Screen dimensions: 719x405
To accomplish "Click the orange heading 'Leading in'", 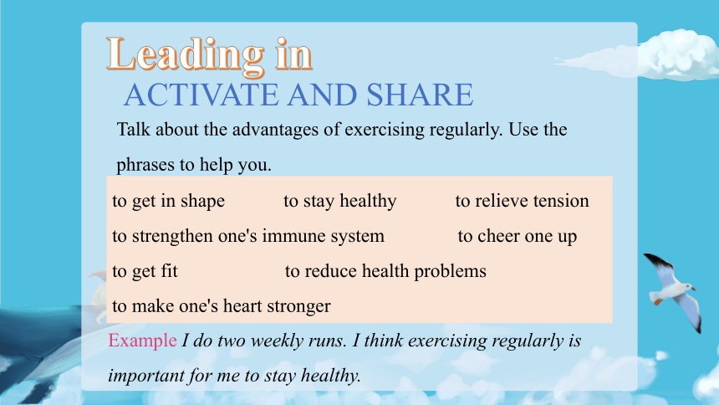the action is pyautogui.click(x=209, y=55).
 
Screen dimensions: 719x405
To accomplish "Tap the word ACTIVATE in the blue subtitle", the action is pyautogui.click(x=201, y=95).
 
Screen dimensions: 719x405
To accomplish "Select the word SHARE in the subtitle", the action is pyautogui.click(x=420, y=95).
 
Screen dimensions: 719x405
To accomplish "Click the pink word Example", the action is pyautogui.click(x=142, y=341).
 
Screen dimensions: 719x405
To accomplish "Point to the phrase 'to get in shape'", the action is pyautogui.click(x=168, y=201).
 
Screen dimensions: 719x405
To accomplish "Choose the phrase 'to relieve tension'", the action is pyautogui.click(x=522, y=201).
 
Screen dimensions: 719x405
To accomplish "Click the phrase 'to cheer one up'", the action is pyautogui.click(x=518, y=237).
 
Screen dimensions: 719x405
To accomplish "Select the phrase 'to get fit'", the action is pyautogui.click(x=145, y=271).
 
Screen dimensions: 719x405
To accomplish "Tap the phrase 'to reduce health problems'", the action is pyautogui.click(x=385, y=271).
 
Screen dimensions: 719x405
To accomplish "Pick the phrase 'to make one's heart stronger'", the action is pyautogui.click(x=222, y=306).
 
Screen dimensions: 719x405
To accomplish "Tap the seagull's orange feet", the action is pyautogui.click(x=658, y=302).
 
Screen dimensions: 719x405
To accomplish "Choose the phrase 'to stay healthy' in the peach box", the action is pyautogui.click(x=339, y=201).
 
